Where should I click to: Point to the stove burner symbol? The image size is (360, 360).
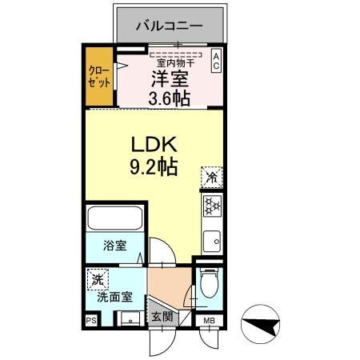click(x=213, y=207)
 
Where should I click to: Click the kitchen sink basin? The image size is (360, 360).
click(x=213, y=238)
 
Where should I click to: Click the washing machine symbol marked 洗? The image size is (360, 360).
click(x=97, y=281)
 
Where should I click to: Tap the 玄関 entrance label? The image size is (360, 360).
click(x=162, y=316)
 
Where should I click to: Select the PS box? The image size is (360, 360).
click(x=90, y=321)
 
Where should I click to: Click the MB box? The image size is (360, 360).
click(x=209, y=322)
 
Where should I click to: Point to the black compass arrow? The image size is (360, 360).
click(x=264, y=325)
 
